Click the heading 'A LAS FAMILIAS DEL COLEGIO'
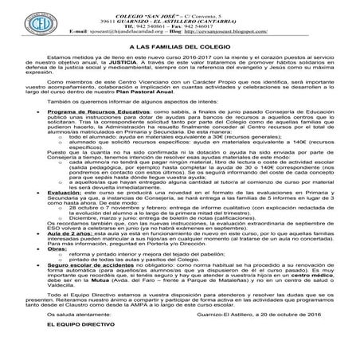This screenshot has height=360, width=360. pyautogui.click(x=179, y=49)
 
